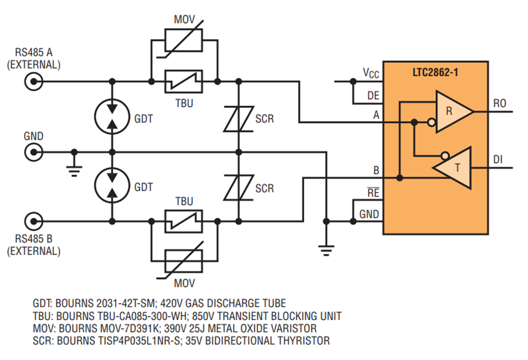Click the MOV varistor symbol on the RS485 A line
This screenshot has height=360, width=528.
[184, 40]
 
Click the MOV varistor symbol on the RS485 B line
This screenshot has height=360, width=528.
[184, 261]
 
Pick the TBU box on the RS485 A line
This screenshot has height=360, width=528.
[184, 81]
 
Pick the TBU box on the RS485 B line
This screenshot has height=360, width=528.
[184, 222]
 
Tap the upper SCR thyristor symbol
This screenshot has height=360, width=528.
[239, 119]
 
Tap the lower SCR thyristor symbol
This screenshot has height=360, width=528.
[239, 188]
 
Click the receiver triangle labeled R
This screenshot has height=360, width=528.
[455, 111]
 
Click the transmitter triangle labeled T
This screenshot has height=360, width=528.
[452, 168]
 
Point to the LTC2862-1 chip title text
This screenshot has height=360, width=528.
[435, 72]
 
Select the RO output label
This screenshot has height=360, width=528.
[500, 103]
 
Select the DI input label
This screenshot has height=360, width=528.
[497, 159]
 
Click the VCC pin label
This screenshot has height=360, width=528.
[371, 73]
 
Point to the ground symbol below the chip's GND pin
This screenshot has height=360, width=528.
[326, 251]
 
